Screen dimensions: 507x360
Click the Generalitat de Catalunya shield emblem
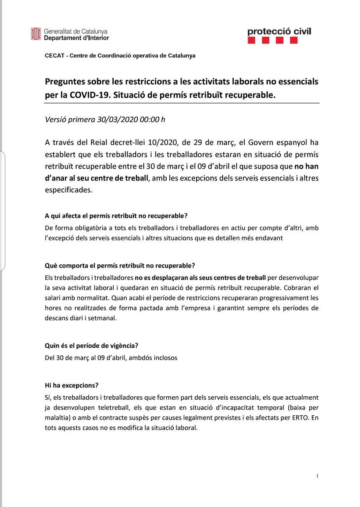(36, 34)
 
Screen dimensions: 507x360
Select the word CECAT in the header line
(54, 55)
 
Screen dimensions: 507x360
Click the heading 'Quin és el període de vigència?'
(91, 345)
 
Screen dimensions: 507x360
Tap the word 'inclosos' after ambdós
(165, 357)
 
